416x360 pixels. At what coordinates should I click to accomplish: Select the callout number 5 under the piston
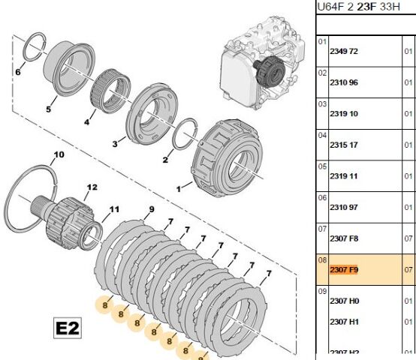click(48, 109)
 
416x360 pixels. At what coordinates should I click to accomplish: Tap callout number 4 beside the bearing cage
click(86, 121)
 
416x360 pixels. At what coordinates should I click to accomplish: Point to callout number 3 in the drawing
click(116, 143)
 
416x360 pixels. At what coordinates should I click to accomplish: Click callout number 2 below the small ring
click(165, 159)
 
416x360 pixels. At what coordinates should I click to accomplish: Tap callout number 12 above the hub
click(92, 187)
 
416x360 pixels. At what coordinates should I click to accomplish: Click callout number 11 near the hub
click(114, 209)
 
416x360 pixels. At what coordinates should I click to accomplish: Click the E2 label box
click(68, 328)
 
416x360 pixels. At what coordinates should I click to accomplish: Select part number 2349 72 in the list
click(344, 52)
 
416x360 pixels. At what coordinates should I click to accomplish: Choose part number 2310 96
click(344, 82)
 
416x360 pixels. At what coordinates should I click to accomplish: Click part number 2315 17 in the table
click(344, 145)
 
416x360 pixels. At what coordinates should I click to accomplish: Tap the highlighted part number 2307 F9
click(344, 269)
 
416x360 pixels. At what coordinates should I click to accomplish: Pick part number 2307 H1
click(344, 321)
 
